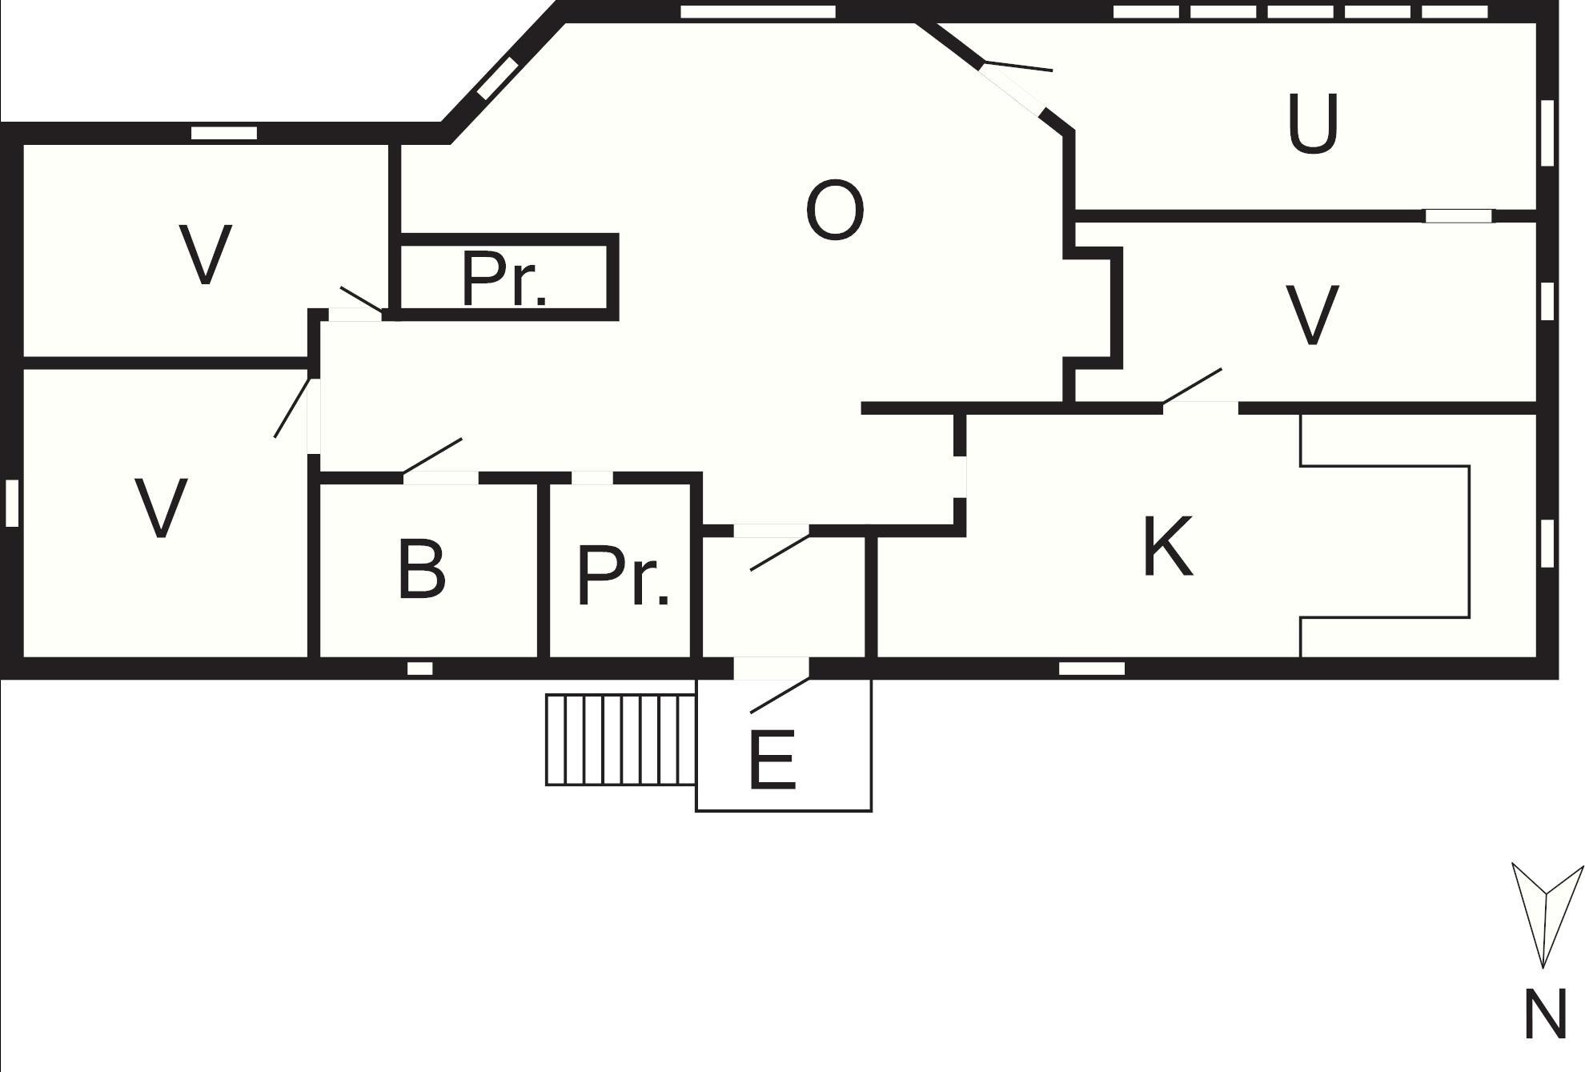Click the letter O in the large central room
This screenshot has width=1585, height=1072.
click(x=835, y=211)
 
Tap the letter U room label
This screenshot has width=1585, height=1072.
click(x=1313, y=123)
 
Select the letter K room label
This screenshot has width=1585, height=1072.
click(x=1168, y=547)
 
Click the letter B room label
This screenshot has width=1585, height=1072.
click(x=421, y=570)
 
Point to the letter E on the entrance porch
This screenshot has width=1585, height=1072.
click(x=772, y=760)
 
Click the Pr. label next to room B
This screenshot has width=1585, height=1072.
click(x=623, y=576)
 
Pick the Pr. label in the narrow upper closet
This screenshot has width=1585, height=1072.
click(x=505, y=279)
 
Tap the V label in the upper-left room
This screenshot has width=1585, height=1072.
click(x=206, y=254)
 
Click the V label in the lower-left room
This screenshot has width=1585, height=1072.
click(x=162, y=508)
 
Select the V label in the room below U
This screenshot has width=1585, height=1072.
click(x=1312, y=315)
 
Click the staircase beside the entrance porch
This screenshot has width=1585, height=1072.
click(x=621, y=740)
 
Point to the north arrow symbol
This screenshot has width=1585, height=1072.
click(x=1547, y=915)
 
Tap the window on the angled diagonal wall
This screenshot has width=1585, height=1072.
click(x=497, y=78)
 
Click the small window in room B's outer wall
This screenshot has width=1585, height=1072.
click(x=420, y=668)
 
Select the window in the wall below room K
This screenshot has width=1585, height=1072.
click(x=1092, y=668)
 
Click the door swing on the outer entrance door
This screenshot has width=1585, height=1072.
click(x=780, y=696)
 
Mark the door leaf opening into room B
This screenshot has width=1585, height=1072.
click(x=432, y=456)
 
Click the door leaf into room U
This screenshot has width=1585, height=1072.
click(x=1017, y=66)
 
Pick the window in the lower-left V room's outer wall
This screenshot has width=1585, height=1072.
click(x=12, y=503)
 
